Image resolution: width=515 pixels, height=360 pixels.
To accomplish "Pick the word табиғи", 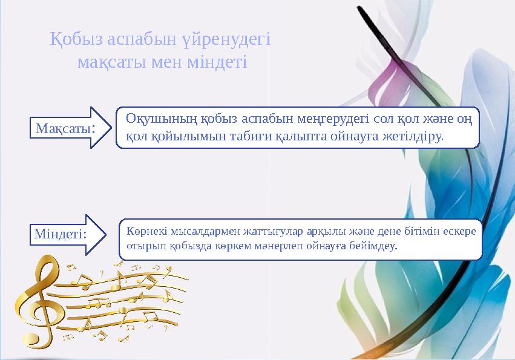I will click(x=242, y=136).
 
